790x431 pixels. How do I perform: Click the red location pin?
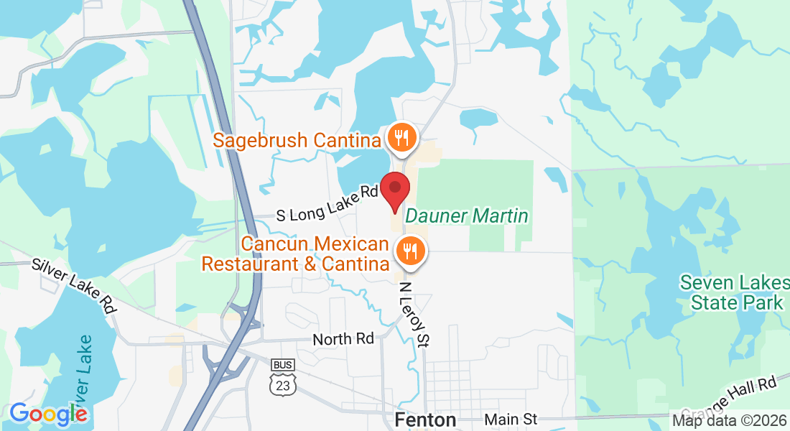point(395,190)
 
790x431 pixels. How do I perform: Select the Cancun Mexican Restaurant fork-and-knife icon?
point(410,250)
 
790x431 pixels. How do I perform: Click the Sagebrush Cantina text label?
point(296,139)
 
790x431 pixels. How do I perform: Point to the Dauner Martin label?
point(467,215)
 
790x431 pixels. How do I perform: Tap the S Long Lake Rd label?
point(327,203)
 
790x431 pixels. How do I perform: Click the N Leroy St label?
point(414,314)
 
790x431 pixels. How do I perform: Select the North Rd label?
point(343,338)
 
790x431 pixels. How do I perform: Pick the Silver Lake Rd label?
point(73,285)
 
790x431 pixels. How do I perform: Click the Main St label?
point(511,419)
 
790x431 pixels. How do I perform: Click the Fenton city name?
point(425,420)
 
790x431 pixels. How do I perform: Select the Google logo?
point(48,414)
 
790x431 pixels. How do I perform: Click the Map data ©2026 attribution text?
point(729,420)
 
